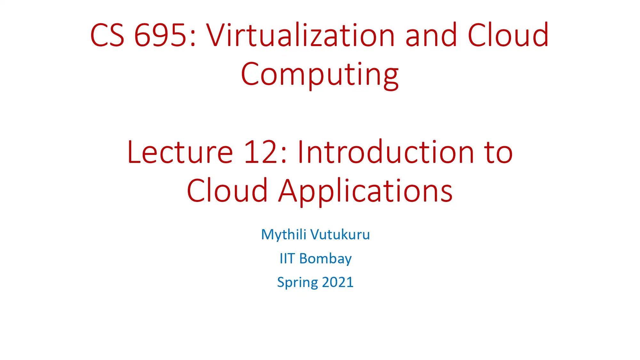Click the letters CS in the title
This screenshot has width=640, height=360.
[x=107, y=35]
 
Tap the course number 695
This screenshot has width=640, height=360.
[x=160, y=35]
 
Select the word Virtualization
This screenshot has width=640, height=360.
[x=300, y=35]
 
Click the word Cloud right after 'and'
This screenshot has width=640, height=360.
[x=508, y=35]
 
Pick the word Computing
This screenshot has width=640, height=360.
[x=320, y=75]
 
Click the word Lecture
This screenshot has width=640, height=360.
[x=180, y=152]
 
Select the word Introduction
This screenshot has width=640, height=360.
[x=385, y=152]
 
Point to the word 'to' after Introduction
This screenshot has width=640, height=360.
[x=498, y=153]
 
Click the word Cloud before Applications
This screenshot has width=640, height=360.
[x=227, y=191]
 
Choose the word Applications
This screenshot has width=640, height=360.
[x=365, y=191]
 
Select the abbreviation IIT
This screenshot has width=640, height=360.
[x=287, y=259]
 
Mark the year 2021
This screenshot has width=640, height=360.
[x=338, y=282]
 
